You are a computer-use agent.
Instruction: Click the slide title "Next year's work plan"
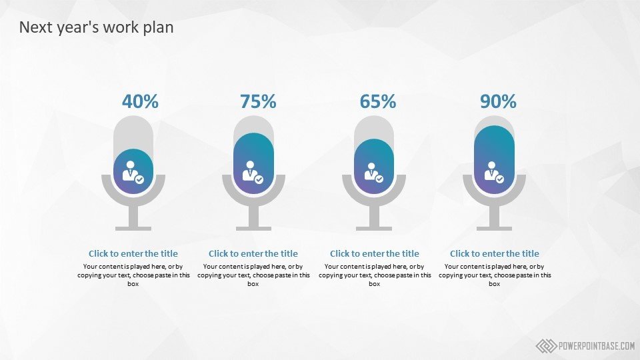(x=96, y=27)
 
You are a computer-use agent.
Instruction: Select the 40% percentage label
(x=140, y=101)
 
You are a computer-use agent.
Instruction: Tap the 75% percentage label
(x=258, y=101)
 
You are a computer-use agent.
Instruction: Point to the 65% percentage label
(x=378, y=101)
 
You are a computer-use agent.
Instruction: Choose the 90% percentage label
(x=498, y=101)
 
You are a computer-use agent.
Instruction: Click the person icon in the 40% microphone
(x=133, y=172)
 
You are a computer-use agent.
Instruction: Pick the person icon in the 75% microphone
(x=253, y=172)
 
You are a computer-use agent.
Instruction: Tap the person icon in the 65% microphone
(x=374, y=172)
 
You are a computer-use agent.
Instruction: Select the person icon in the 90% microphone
(x=494, y=172)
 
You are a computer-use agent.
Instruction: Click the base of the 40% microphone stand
(x=133, y=229)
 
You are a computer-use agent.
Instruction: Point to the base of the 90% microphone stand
(x=494, y=229)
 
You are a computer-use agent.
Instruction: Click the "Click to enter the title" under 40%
(x=133, y=253)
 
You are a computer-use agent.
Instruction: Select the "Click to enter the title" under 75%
(x=253, y=253)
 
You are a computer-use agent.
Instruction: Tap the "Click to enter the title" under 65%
(x=374, y=253)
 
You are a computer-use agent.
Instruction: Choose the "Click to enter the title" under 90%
(x=494, y=253)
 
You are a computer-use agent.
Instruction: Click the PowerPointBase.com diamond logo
(x=546, y=346)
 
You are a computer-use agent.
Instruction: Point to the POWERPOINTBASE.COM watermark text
(x=596, y=346)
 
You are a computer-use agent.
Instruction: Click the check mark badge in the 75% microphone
(x=259, y=179)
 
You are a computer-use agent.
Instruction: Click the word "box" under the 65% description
(x=374, y=284)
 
